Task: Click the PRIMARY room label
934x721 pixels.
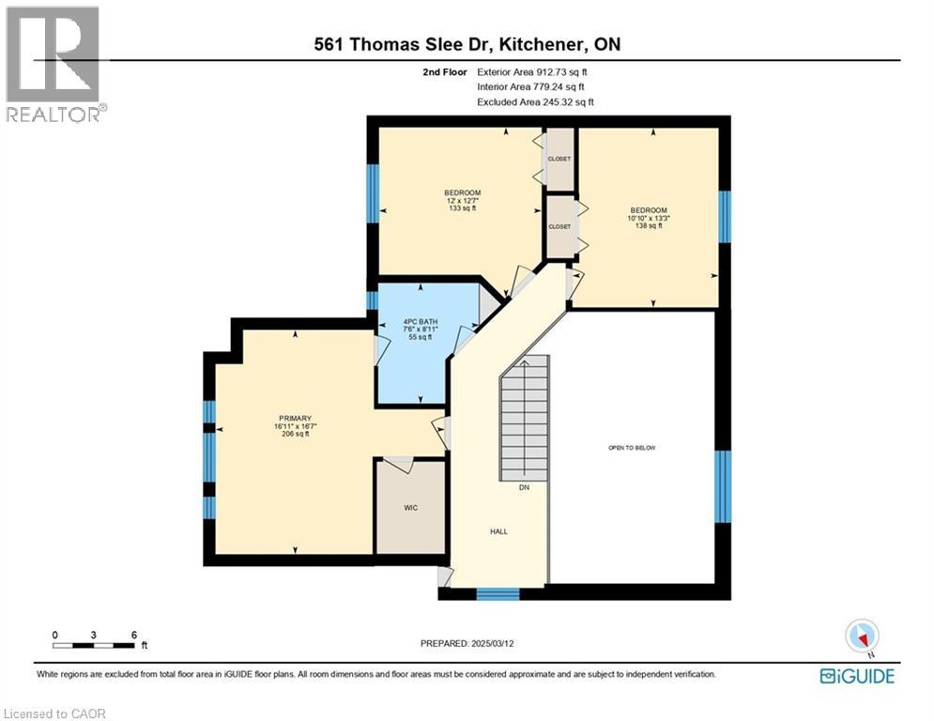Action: [294, 419]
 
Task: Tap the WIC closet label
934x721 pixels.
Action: [410, 508]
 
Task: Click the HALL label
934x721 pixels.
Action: [498, 531]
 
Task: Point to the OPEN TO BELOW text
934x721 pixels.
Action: [632, 448]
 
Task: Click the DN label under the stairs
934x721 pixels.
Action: [524, 487]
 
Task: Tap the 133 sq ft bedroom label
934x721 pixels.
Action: [462, 201]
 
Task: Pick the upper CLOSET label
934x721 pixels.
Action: [559, 159]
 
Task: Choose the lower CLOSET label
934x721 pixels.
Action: [559, 226]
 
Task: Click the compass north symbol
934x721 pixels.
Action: [861, 637]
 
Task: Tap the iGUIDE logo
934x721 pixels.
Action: [856, 676]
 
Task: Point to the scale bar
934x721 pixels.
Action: [94, 644]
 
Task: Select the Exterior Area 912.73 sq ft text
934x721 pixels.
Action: [532, 71]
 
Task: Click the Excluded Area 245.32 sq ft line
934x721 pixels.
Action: [535, 101]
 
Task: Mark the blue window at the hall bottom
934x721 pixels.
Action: [498, 593]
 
